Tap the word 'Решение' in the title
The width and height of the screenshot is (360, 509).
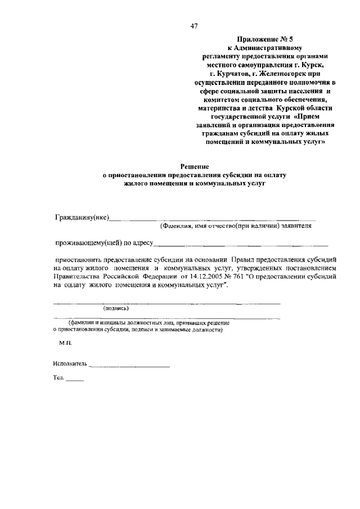(x=195, y=166)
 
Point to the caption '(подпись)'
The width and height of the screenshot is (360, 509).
(x=116, y=308)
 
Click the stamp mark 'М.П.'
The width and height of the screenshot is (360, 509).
(x=65, y=341)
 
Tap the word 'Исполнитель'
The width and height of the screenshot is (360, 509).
(x=70, y=363)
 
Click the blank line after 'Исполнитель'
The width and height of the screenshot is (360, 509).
(x=129, y=366)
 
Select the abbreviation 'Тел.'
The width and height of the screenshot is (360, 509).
(x=58, y=378)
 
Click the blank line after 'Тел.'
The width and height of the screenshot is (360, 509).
(x=75, y=381)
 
